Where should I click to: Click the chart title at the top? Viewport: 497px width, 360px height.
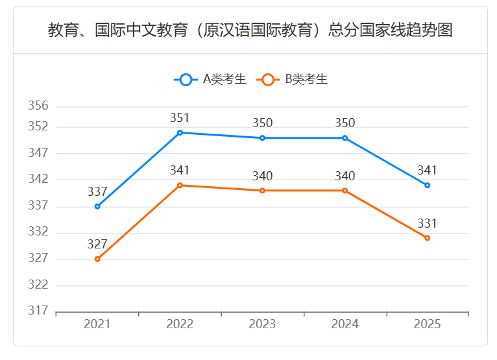tap(250, 30)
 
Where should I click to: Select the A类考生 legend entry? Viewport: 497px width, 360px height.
tap(210, 80)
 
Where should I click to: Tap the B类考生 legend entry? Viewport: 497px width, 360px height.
tap(292, 80)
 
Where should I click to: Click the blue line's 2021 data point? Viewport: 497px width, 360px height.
tap(97, 206)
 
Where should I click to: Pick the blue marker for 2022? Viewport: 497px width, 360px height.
tap(180, 132)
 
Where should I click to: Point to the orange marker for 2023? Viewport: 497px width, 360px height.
tap(262, 191)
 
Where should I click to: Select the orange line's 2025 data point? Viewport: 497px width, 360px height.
tap(427, 238)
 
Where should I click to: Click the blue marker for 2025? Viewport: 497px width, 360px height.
tap(427, 186)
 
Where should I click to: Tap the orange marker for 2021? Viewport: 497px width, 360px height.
tap(97, 259)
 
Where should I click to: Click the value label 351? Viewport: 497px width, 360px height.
tap(180, 118)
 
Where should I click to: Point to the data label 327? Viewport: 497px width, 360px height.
tap(97, 245)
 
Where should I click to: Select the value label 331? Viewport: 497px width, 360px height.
tap(427, 224)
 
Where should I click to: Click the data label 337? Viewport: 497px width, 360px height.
tap(97, 192)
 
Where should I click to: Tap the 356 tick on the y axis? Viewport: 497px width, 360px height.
tap(38, 106)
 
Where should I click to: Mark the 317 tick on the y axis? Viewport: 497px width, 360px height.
tap(38, 311)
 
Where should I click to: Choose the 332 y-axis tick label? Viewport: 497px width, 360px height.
tap(38, 232)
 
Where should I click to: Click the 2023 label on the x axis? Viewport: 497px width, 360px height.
tap(262, 324)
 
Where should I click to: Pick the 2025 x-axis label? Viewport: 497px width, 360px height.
tap(427, 324)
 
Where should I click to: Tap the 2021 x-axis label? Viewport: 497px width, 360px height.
tap(97, 324)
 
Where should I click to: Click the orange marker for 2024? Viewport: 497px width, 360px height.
tap(345, 191)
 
